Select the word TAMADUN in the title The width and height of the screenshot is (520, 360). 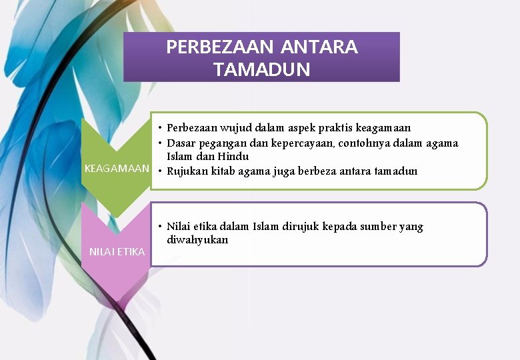pos(262,69)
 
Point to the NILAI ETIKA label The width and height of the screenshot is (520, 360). pos(117,251)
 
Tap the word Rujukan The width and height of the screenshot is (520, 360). pos(187,171)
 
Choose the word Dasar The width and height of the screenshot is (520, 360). pos(181,142)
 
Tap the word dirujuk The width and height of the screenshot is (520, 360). pos(300,227)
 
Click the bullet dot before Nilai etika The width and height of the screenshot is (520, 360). pos(161,227)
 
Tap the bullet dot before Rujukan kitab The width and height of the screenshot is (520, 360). pos(161,171)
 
